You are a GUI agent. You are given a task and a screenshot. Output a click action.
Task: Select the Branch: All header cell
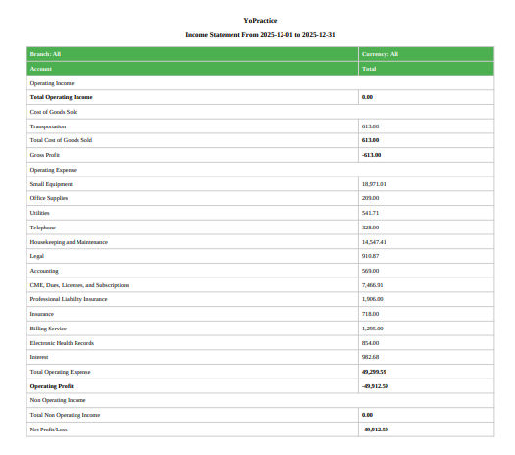tap(46, 54)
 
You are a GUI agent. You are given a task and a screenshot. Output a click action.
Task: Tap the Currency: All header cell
tap(380, 54)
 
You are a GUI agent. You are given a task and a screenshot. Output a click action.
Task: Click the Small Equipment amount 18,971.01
tap(375, 184)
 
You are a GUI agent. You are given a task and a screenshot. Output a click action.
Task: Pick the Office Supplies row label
tap(49, 198)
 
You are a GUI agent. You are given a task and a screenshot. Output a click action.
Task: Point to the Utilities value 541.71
tap(371, 213)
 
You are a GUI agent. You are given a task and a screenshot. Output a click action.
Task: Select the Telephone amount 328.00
tap(371, 227)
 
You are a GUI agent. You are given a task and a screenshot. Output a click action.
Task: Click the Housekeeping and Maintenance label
tap(69, 241)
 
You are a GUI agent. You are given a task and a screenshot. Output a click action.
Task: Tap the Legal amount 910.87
tap(371, 256)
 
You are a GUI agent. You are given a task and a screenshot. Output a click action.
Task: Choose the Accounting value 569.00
tap(371, 271)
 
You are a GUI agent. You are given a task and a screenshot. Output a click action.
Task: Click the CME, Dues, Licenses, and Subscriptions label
tap(79, 285)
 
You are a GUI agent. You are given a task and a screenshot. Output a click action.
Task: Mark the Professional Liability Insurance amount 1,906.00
tap(373, 299)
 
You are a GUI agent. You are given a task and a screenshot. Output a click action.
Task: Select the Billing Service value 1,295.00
tap(373, 329)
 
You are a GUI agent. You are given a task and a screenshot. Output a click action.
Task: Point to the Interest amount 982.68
tap(371, 357)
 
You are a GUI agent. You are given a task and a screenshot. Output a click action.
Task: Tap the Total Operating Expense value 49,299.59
tap(375, 372)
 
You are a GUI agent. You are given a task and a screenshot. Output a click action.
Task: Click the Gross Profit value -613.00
tap(371, 155)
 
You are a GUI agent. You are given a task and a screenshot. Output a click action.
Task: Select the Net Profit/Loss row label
tap(49, 430)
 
